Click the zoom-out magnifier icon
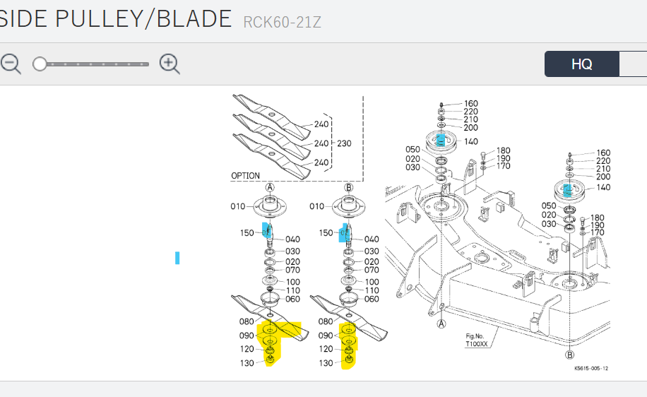point(10,64)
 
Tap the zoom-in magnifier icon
point(170,64)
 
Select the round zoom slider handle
point(40,64)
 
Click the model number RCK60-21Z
point(282,22)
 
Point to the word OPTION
point(245,175)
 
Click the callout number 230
point(344,143)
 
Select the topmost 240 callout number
point(322,125)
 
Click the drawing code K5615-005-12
point(591,368)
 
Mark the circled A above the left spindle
point(269,187)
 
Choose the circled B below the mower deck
point(570,355)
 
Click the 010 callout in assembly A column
point(237,206)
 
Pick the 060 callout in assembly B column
point(372,299)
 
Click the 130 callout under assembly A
point(247,363)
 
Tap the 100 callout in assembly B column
point(372,282)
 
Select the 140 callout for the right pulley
point(603,187)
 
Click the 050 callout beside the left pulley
point(412,149)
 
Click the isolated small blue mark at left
point(177,258)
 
